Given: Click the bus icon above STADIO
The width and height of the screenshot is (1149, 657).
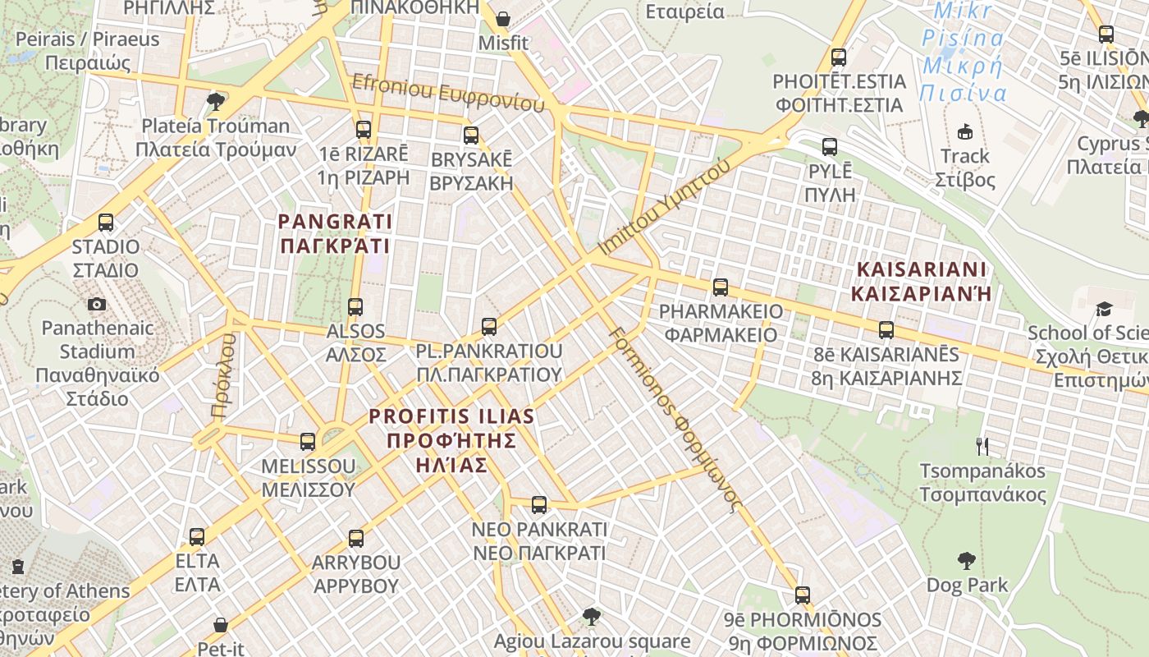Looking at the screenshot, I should (x=106, y=223).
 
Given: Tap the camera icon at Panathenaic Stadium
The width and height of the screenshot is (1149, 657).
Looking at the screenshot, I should (x=97, y=305).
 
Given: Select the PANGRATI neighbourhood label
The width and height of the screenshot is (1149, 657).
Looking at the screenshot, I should (x=335, y=233).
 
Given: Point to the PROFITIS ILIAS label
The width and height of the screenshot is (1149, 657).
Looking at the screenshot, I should (x=451, y=440).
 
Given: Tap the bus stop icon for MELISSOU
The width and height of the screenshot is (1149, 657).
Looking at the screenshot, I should (x=308, y=442).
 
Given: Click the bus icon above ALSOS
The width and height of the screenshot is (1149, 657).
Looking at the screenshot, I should (x=355, y=307).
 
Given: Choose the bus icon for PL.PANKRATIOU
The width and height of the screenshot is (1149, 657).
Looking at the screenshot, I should (x=489, y=327).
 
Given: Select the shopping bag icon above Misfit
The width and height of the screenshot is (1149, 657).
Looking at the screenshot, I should (x=503, y=18).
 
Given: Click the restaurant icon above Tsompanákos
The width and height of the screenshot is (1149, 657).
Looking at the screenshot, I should (x=982, y=447).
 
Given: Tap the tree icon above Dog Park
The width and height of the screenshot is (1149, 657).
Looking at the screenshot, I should (x=967, y=562).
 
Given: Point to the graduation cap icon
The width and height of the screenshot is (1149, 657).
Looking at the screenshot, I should (x=1104, y=310).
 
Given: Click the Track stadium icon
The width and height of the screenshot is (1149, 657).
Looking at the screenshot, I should (x=965, y=131).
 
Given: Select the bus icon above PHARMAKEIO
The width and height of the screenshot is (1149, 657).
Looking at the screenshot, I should (x=721, y=287).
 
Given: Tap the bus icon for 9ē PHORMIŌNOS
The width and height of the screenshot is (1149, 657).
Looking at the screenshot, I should (x=803, y=595).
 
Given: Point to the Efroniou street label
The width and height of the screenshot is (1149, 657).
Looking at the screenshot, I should (x=448, y=93).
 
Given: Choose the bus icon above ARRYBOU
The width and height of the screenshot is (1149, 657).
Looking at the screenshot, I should (x=356, y=539).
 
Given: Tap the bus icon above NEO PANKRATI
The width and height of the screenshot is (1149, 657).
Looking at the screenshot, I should (x=539, y=505).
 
